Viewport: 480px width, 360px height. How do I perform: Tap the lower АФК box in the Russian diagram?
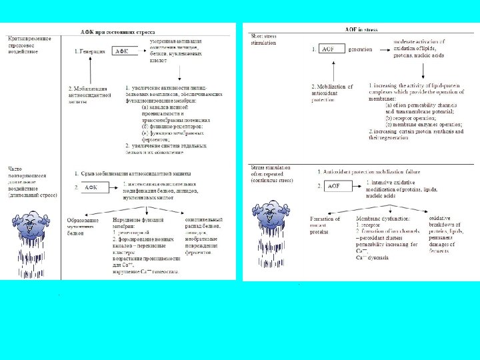pyautogui.click(x=93, y=187)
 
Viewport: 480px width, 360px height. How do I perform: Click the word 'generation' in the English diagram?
pyautogui.click(x=361, y=49)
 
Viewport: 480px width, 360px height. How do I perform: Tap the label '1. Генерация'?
pyautogui.click(x=89, y=51)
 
